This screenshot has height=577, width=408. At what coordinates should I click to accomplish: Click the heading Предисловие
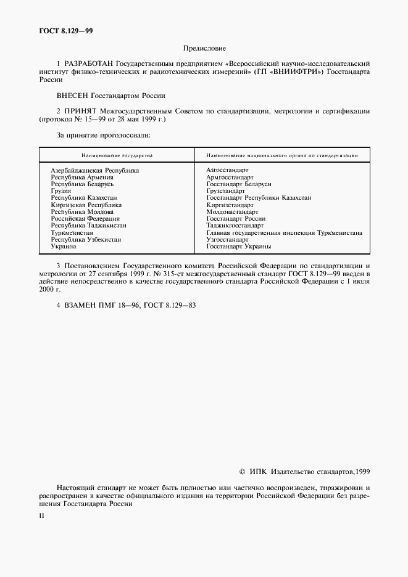tap(204, 47)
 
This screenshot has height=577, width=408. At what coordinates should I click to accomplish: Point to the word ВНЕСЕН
tap(72, 96)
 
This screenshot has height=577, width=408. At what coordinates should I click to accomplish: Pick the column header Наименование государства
tap(117, 156)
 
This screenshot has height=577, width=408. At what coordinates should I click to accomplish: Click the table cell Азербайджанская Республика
tap(94, 170)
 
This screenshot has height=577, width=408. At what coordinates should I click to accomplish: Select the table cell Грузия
tap(61, 191)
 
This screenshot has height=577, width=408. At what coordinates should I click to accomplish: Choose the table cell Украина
tap(64, 247)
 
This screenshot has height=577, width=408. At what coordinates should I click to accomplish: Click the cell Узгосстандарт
tap(228, 240)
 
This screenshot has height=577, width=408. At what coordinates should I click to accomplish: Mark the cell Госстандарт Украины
tap(239, 247)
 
